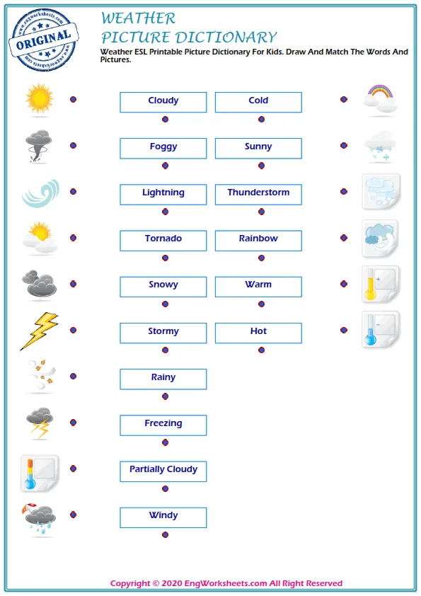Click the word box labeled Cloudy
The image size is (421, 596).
163,101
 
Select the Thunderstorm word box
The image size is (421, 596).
258,193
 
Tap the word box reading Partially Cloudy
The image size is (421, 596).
163,470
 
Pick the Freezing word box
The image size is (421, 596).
163,424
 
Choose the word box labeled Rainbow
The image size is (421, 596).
258,239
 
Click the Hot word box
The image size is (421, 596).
258,332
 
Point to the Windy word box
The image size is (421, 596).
163,516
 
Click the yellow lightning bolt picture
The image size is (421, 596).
39,331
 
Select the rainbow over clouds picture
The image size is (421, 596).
379,98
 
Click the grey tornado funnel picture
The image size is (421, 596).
38,146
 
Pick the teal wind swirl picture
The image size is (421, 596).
40,193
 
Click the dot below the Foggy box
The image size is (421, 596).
165,166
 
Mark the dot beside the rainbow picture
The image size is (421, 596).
344,100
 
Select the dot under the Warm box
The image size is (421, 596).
261,304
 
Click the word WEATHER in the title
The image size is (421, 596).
138,18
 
